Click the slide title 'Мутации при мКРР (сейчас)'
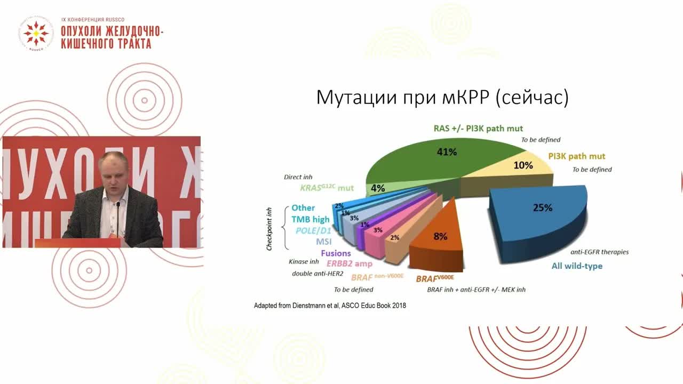pyautogui.click(x=442, y=98)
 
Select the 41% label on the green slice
pyautogui.click(x=446, y=153)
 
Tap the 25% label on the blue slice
pyautogui.click(x=542, y=208)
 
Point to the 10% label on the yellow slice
pyautogui.click(x=523, y=165)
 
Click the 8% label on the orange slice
pyautogui.click(x=440, y=236)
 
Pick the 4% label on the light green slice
pyautogui.click(x=378, y=188)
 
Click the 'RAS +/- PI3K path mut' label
pyautogui.click(x=478, y=129)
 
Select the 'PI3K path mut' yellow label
pyautogui.click(x=577, y=157)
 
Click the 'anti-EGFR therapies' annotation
pyautogui.click(x=600, y=252)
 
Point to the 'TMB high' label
pyautogui.click(x=310, y=219)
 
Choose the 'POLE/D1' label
pyautogui.click(x=313, y=230)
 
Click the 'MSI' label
pyautogui.click(x=323, y=242)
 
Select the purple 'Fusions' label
pyautogui.click(x=336, y=253)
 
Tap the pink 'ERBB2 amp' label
pyautogui.click(x=350, y=263)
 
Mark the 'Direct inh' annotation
pyautogui.click(x=298, y=177)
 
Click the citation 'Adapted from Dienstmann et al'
pyautogui.click(x=330, y=306)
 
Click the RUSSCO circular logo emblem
pyautogui.click(x=36, y=33)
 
